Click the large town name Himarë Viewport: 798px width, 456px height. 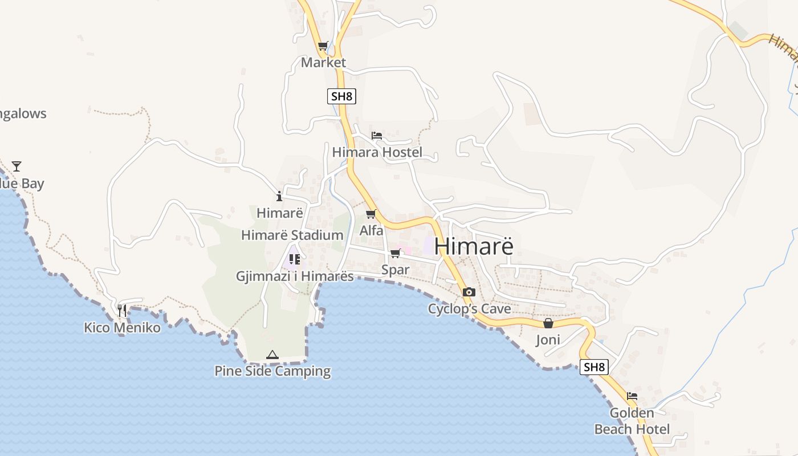pyautogui.click(x=474, y=246)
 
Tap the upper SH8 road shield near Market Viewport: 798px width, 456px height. pyautogui.click(x=341, y=96)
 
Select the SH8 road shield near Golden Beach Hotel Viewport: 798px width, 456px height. pyautogui.click(x=594, y=367)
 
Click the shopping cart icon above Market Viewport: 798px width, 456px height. pyautogui.click(x=323, y=46)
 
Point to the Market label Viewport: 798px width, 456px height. pyautogui.click(x=323, y=62)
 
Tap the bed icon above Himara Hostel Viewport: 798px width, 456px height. pyautogui.click(x=377, y=136)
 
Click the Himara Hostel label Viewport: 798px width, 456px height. pyautogui.click(x=377, y=152)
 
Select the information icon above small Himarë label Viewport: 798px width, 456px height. pyautogui.click(x=279, y=197)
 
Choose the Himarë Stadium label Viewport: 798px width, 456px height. pyautogui.click(x=292, y=235)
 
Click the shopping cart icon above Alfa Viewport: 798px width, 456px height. pyautogui.click(x=371, y=214)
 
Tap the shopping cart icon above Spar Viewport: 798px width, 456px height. pyautogui.click(x=395, y=253)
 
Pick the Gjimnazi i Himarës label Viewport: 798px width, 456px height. pyautogui.click(x=295, y=276)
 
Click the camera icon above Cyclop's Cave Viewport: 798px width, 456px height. pyautogui.click(x=469, y=292)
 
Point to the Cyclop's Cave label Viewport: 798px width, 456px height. pyautogui.click(x=469, y=309)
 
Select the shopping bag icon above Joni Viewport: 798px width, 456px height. pyautogui.click(x=548, y=323)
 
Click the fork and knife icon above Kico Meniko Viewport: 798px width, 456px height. pyautogui.click(x=122, y=311)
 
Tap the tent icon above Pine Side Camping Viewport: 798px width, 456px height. pyautogui.click(x=272, y=355)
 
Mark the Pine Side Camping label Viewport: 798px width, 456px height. pyautogui.click(x=272, y=371)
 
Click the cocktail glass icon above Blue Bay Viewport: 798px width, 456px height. pyautogui.click(x=17, y=166)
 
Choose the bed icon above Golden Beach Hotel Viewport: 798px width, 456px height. pyautogui.click(x=632, y=396)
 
